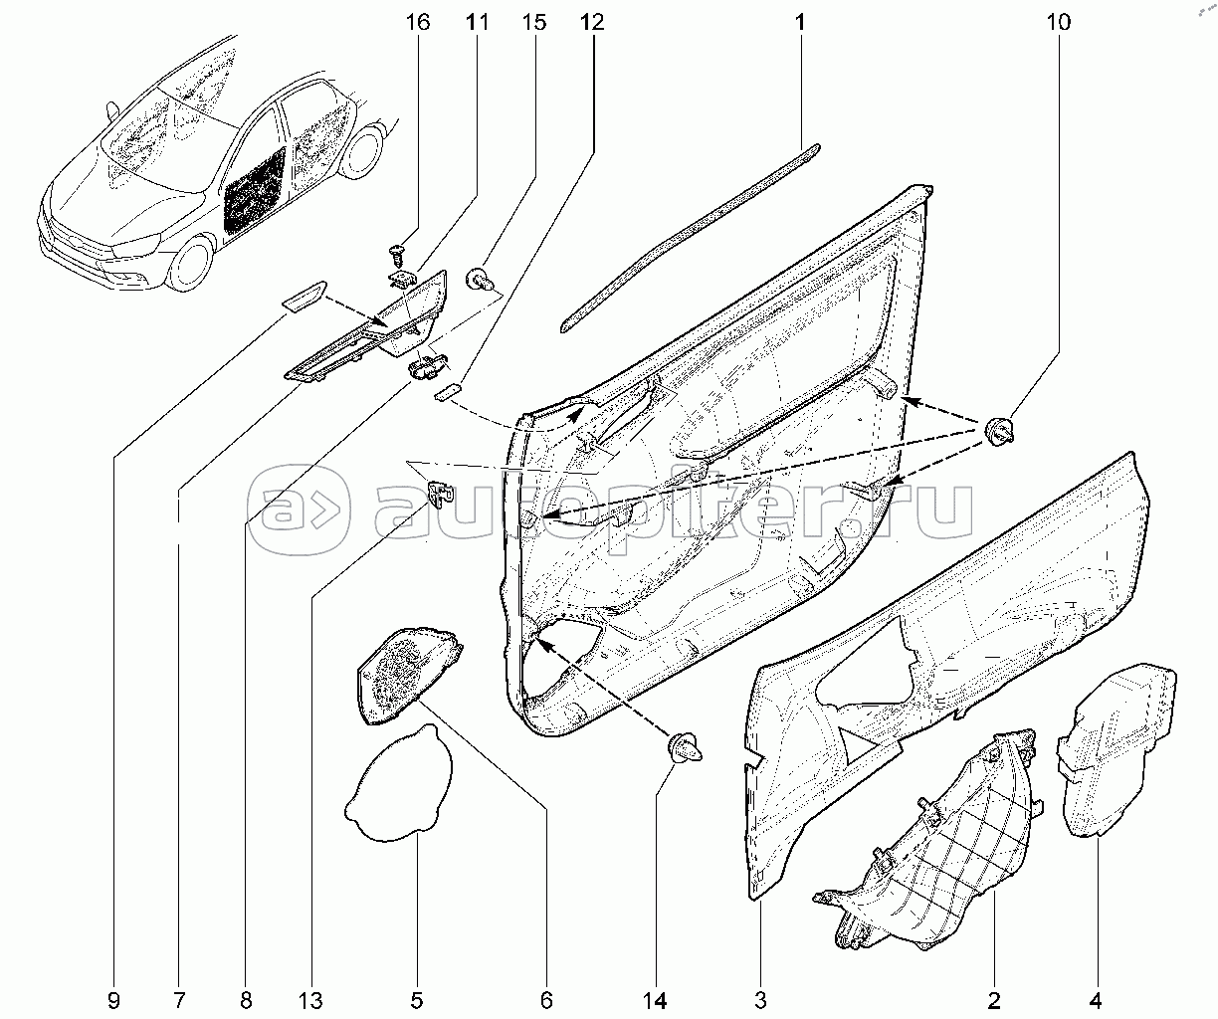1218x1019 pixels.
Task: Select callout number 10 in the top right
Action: coord(1059,21)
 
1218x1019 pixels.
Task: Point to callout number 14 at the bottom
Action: coord(657,998)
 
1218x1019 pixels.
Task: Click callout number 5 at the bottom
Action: coord(418,998)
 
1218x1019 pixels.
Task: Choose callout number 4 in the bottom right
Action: coord(1097,998)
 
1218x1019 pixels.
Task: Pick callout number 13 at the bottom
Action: coord(311,998)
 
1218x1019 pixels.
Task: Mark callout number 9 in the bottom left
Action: coord(113,998)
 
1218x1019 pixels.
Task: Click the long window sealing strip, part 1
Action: coord(687,235)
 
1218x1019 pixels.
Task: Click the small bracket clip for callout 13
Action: coord(441,491)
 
